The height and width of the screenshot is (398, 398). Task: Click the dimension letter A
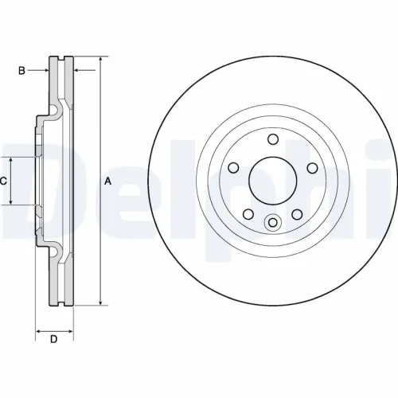[107, 181]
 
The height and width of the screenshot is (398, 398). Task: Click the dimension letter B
[22, 71]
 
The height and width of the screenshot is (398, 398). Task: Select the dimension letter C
[4, 181]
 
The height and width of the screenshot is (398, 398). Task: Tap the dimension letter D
[54, 341]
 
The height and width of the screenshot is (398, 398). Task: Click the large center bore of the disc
[271, 181]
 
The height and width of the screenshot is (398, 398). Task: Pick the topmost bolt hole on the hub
[271, 140]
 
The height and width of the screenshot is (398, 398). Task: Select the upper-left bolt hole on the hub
[233, 167]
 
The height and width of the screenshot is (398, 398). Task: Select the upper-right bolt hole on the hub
[310, 167]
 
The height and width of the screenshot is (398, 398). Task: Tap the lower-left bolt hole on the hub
[248, 213]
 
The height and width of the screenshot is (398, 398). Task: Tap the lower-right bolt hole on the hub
[295, 213]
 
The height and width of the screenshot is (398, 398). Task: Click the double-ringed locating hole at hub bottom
[271, 223]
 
